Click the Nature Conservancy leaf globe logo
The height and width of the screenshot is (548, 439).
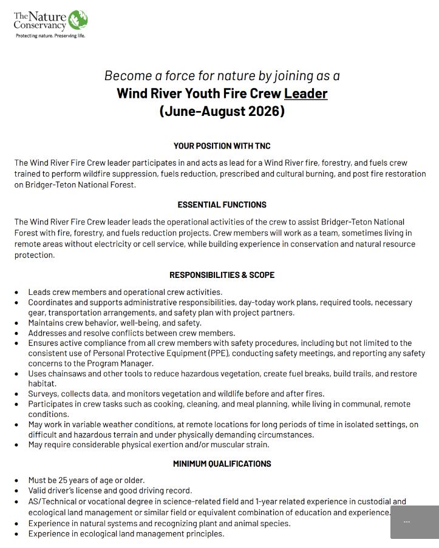pos(77,19)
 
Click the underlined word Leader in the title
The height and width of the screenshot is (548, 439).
pos(305,93)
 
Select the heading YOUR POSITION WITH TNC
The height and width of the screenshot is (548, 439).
pos(222,146)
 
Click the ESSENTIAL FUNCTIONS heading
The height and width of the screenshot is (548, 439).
pos(222,205)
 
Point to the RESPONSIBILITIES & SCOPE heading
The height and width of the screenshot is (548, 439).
pos(222,275)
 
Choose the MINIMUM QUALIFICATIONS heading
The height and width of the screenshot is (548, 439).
pos(222,464)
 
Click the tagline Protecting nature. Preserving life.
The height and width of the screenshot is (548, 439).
pos(50,36)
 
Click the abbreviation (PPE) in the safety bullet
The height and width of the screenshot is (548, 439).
pos(218,353)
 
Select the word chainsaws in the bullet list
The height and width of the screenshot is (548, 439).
pos(66,374)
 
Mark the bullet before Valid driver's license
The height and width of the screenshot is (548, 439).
pos(17,491)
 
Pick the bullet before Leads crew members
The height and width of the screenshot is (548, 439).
pos(17,293)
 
